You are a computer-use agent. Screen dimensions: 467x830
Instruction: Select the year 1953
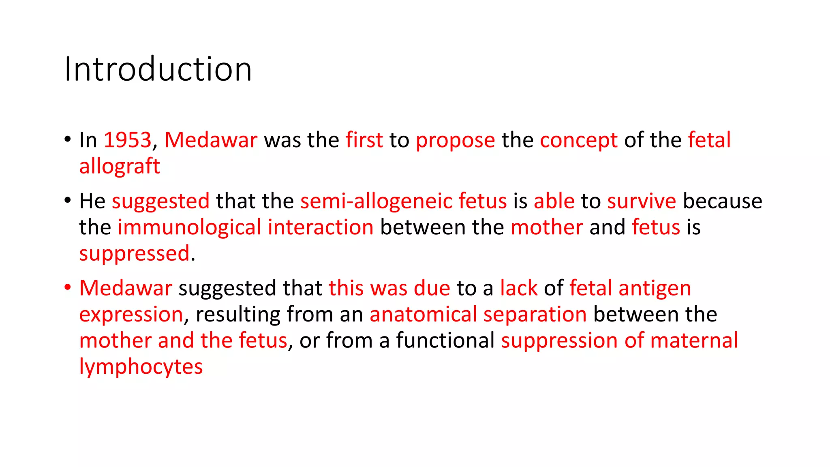[x=127, y=140]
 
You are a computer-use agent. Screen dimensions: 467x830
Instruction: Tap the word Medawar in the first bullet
[x=211, y=140]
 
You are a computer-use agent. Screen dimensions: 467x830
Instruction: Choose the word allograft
[x=120, y=167]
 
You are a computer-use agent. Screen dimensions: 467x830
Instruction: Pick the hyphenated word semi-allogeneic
[x=376, y=201]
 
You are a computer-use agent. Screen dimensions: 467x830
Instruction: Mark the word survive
[x=641, y=201]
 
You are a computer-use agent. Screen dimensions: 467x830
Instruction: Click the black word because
[x=722, y=201]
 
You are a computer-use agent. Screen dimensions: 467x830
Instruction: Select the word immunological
[x=189, y=227]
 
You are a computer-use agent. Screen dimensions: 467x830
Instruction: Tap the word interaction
[x=320, y=227]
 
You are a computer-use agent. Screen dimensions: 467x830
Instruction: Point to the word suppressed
[x=134, y=254]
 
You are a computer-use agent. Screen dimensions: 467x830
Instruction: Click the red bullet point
[x=68, y=287]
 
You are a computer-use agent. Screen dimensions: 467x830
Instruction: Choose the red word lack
[x=518, y=288]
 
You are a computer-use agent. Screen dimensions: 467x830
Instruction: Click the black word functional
[x=445, y=341]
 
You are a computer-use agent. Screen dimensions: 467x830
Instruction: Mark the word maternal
[x=694, y=341]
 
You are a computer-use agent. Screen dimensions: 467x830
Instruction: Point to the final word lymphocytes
[x=141, y=367]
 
